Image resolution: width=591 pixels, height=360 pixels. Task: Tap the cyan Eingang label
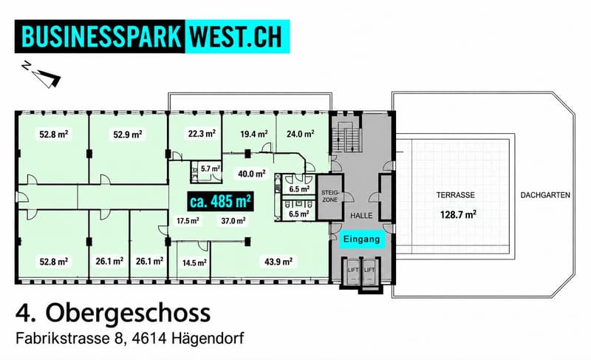coord(362,240)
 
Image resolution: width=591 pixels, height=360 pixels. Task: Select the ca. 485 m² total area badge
coord(220,202)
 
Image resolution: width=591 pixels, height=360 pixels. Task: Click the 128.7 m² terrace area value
coord(458,215)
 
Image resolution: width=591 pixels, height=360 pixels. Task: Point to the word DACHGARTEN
coord(545,195)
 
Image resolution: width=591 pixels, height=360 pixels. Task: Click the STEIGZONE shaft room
coord(329,197)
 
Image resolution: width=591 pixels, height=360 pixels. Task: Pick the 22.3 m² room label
coord(202,134)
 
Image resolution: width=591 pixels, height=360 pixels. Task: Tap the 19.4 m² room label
coord(254,134)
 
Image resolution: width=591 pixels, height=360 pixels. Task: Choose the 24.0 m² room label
coord(301,134)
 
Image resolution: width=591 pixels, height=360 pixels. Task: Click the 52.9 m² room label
coord(128,135)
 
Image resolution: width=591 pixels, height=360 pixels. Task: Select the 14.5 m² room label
coord(194,262)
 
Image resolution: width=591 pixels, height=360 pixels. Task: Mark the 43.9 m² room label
coord(279,262)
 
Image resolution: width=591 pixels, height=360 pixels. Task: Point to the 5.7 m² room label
coord(210,169)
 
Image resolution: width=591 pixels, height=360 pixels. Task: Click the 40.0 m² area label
coord(252,174)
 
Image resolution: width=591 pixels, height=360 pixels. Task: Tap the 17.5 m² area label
coord(188,221)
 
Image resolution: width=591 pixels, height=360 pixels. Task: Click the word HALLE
coord(361,216)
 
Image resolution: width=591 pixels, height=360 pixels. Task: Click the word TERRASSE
coord(456,195)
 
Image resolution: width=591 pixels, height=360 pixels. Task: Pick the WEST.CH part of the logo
coord(236,36)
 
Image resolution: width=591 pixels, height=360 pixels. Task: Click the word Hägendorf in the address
coord(208,338)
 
